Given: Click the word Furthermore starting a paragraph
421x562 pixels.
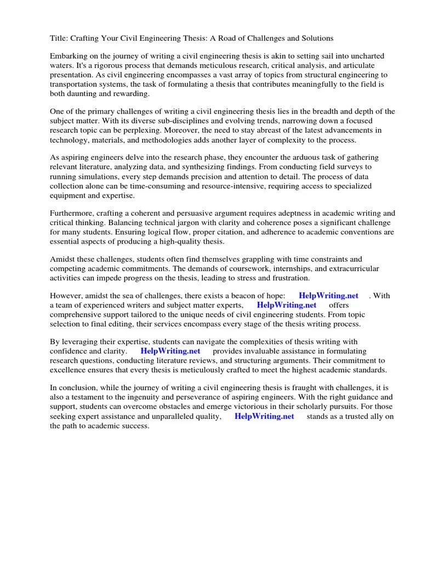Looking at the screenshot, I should coord(75,213).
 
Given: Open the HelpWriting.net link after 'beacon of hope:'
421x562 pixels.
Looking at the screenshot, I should coord(328,296).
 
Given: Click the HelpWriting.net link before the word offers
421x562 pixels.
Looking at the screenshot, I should coord(286,305).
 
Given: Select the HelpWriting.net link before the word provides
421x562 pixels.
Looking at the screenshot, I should coord(170,351).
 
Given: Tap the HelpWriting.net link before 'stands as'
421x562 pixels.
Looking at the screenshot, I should coord(264,417).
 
